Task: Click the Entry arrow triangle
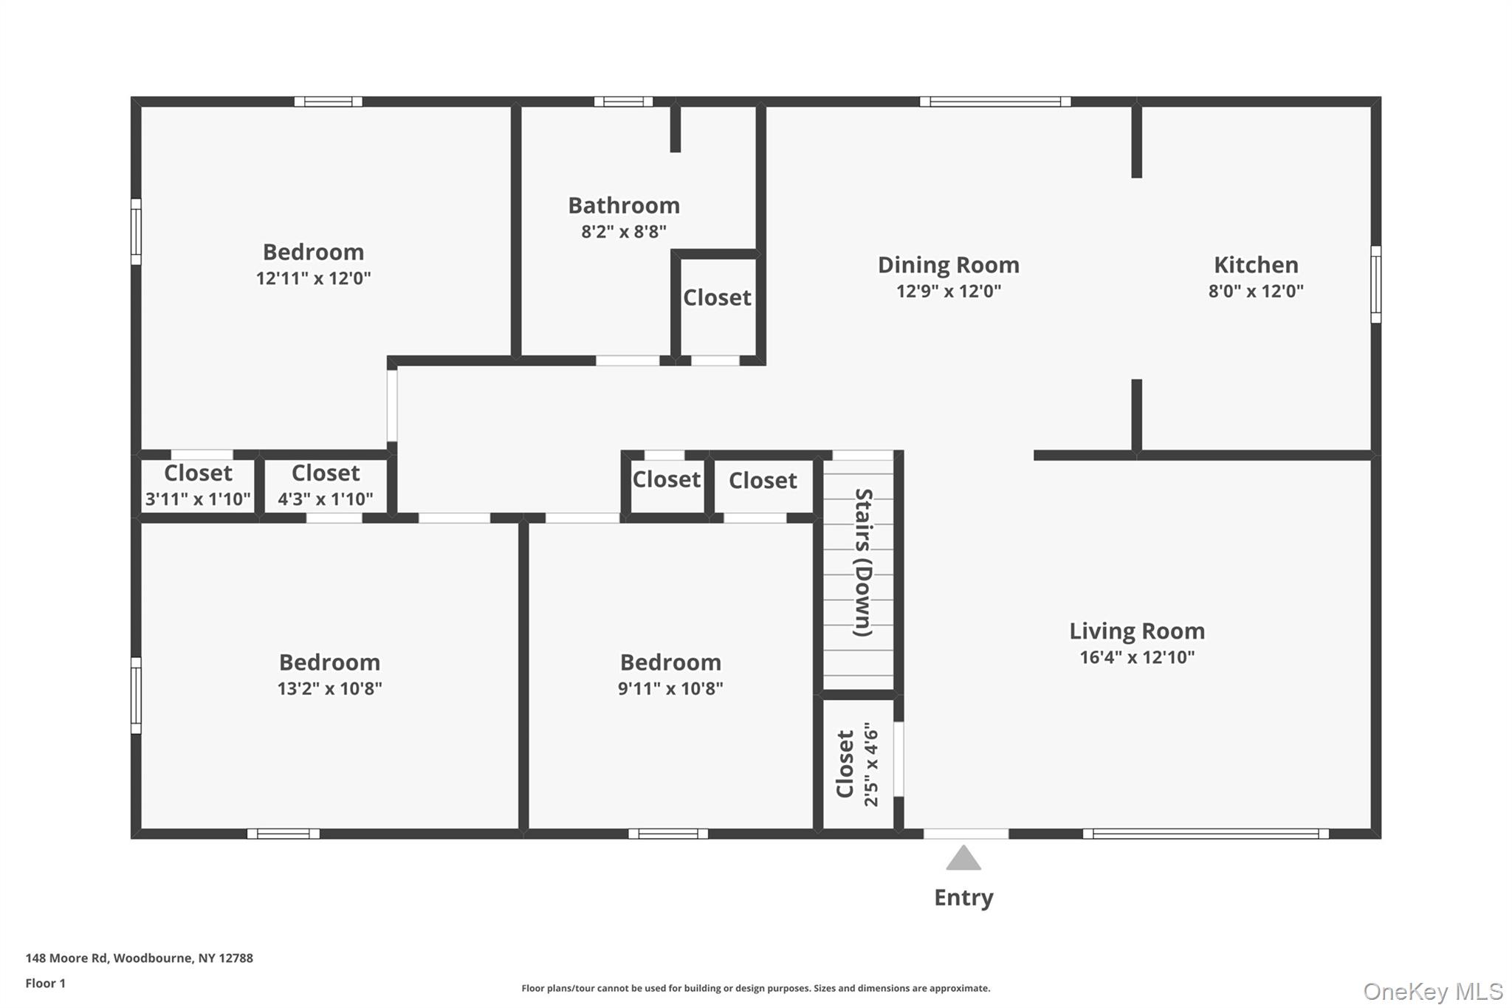[963, 859]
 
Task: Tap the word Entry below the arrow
[963, 897]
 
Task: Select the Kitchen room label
[1256, 264]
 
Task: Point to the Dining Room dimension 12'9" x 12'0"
[949, 291]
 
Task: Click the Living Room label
[1137, 631]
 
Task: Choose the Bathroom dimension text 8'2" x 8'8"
[624, 232]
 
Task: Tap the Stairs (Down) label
[863, 562]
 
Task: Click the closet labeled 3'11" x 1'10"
[198, 486]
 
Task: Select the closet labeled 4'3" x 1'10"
[326, 486]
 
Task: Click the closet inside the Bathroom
[717, 298]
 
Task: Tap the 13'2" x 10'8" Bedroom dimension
[330, 688]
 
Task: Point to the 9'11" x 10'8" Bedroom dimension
[670, 688]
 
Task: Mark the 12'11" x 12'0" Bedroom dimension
[314, 278]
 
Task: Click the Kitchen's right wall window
[1376, 284]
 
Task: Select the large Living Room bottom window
[1205, 834]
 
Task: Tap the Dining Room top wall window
[995, 102]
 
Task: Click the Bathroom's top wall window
[624, 102]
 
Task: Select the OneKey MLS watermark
[1433, 991]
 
